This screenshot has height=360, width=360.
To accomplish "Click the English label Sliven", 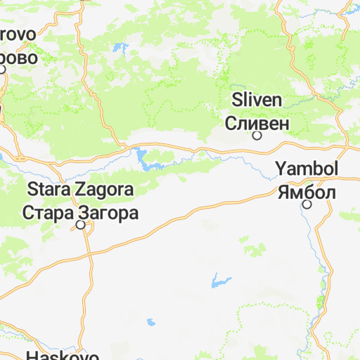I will (257, 100).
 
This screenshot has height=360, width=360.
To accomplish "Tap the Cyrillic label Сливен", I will (257, 123).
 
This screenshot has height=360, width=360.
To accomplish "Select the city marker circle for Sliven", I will (257, 136).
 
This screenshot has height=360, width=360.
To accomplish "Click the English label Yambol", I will (307, 169).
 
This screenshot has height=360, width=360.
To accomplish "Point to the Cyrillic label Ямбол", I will (307, 192).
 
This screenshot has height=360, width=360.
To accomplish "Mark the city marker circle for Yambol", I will (307, 205).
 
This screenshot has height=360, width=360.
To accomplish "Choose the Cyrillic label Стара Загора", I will (80, 212).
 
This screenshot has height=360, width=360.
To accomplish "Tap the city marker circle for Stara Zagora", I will (81, 225).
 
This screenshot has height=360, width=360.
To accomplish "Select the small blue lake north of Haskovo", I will (150, 323).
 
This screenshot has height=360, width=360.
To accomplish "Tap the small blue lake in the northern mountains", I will (120, 50).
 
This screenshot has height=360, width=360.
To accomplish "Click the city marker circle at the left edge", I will (3, 69).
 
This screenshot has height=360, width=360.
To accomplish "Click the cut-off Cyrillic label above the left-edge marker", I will (18, 58).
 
